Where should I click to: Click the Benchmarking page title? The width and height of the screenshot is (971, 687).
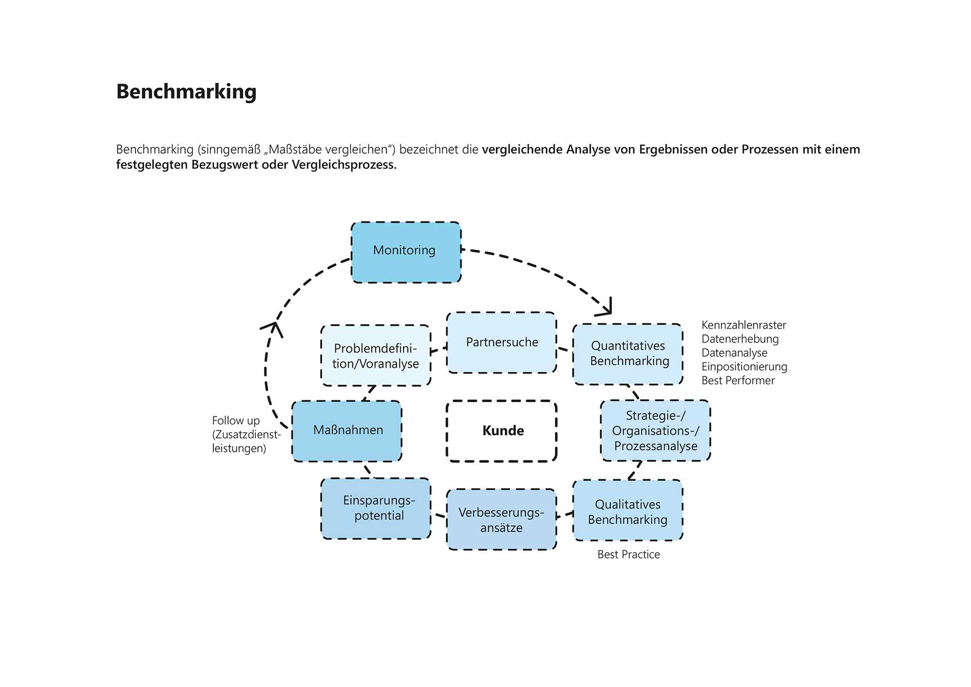[x=186, y=92]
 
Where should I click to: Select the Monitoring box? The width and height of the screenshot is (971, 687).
[x=406, y=252]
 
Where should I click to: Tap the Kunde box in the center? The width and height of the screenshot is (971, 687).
[x=502, y=431]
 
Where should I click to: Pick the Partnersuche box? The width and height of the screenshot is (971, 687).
[x=502, y=342]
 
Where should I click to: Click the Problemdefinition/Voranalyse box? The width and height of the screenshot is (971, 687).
[x=376, y=356]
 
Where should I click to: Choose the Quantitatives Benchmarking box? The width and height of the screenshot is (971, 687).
[x=628, y=354]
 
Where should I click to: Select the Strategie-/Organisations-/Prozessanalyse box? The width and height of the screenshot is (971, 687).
[x=655, y=431]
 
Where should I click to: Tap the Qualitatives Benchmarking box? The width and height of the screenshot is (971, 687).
[x=628, y=511]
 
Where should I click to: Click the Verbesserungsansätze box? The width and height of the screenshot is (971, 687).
[x=501, y=520]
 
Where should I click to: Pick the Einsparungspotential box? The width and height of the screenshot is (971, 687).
[x=376, y=508]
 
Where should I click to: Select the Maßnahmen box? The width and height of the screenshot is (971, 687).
[x=347, y=431]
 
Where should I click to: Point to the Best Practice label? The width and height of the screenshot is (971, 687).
[x=629, y=554]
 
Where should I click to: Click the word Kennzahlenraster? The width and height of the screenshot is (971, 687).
[x=743, y=325]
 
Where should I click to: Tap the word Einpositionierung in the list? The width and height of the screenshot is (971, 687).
[x=744, y=367]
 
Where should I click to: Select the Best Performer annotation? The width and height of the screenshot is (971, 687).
[x=738, y=380]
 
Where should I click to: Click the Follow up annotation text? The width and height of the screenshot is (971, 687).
[x=236, y=421]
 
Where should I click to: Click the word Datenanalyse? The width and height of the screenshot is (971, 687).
[x=734, y=353]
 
